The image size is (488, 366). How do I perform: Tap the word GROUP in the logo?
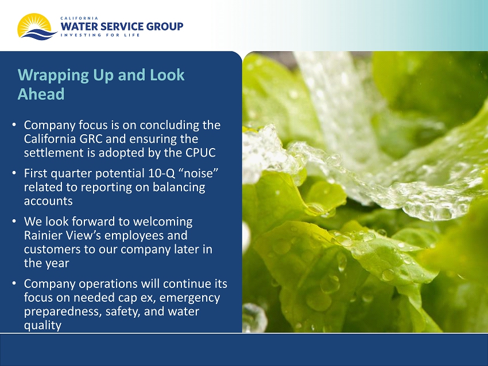click(x=165, y=26)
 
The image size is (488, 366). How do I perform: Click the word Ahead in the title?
click(x=41, y=94)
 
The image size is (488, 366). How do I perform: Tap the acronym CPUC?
click(x=201, y=153)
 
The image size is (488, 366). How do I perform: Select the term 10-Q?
click(x=162, y=173)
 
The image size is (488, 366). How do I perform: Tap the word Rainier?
click(x=42, y=235)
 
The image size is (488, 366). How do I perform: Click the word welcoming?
click(x=163, y=222)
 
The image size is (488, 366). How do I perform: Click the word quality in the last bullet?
click(x=42, y=326)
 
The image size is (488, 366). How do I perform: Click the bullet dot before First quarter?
click(x=14, y=173)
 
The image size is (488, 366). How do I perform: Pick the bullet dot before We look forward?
click(x=14, y=221)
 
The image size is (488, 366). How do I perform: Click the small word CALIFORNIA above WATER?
click(x=79, y=18)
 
